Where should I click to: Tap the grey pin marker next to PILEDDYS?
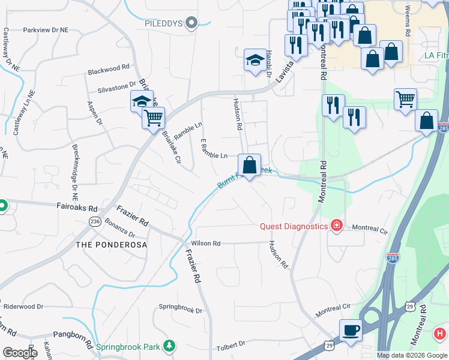[x=191, y=24]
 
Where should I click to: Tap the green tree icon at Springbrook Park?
[x=170, y=346]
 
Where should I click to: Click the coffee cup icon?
[x=351, y=330]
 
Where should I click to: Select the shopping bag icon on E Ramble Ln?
[x=250, y=164]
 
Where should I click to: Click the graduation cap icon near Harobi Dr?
[x=255, y=60]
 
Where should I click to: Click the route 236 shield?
[x=95, y=221]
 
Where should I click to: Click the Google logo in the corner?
[x=20, y=353]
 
